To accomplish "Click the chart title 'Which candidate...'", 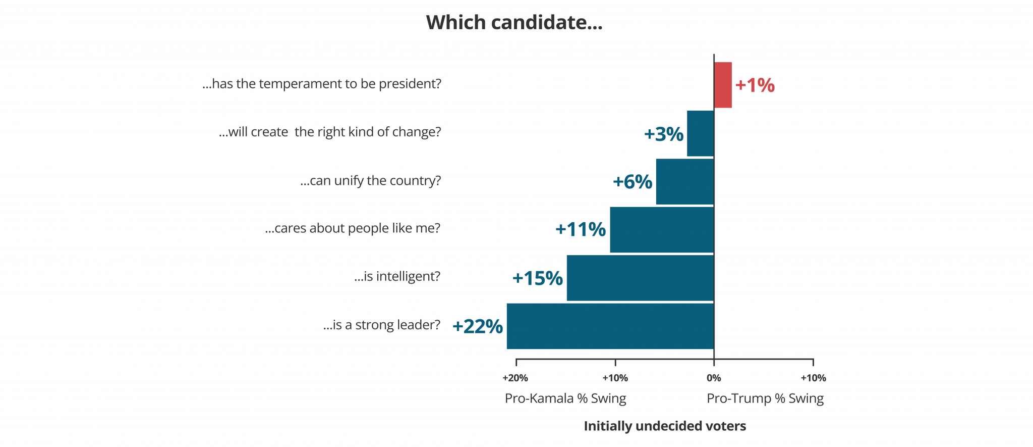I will click(x=514, y=23).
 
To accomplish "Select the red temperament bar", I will click(x=723, y=85).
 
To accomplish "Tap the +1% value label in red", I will click(x=755, y=85).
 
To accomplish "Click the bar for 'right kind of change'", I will click(x=701, y=133).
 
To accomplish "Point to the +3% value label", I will click(x=663, y=134).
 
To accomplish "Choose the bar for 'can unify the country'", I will click(x=685, y=182).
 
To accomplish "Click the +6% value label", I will click(x=632, y=182).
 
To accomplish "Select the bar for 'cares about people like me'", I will click(x=662, y=230).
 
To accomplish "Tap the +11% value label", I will click(x=580, y=230).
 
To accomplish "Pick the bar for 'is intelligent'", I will click(x=640, y=278).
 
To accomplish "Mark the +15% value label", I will click(x=537, y=278).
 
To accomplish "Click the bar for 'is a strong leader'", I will click(x=610, y=326).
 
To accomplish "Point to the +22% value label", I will click(x=477, y=327).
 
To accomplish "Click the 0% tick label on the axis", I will click(x=714, y=378).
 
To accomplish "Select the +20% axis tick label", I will click(x=515, y=378).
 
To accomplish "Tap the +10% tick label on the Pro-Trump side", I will click(x=813, y=378).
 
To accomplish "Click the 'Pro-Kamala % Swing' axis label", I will click(x=565, y=399).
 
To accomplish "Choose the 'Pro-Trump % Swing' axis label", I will click(x=765, y=399).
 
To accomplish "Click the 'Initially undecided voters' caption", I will click(x=665, y=426).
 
